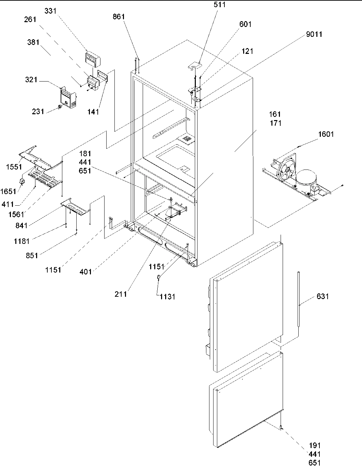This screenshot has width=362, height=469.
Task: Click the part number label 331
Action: [51, 11]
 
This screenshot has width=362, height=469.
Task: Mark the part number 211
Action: [121, 294]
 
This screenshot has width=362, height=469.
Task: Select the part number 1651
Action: [8, 191]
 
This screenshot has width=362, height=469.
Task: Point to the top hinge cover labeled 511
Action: [195, 64]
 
